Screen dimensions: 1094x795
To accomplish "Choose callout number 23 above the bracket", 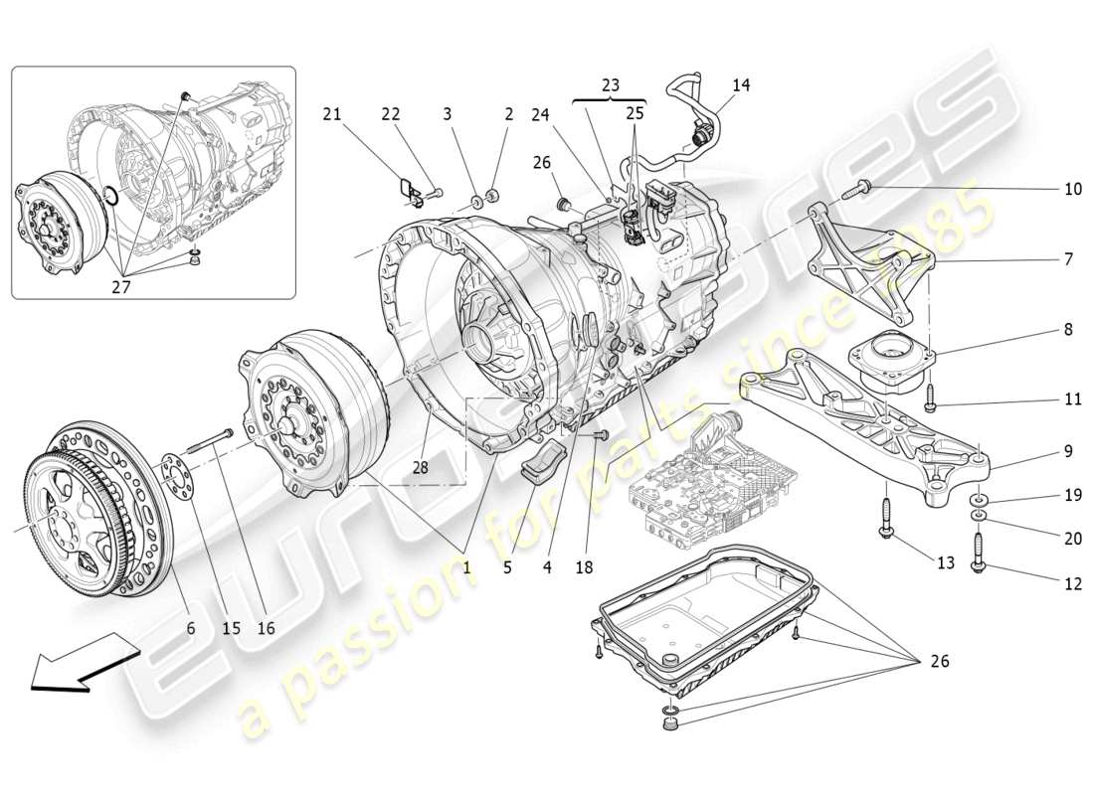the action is click(610, 85).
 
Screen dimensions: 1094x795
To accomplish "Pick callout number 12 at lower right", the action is click(1071, 584).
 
